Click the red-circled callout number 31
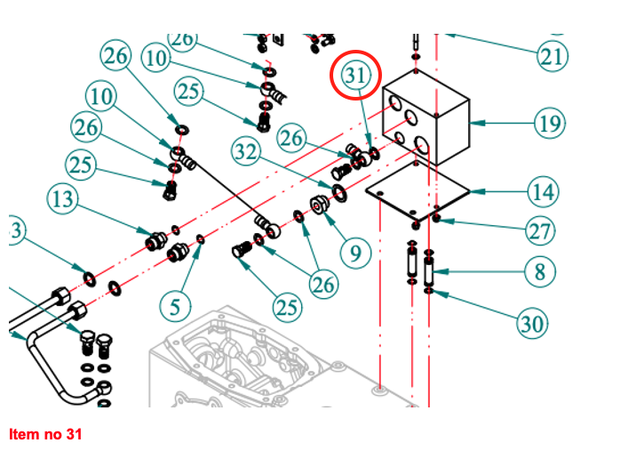click(355, 77)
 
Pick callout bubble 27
click(540, 231)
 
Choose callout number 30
click(531, 324)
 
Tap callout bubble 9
click(355, 253)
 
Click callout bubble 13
click(64, 198)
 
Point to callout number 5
click(175, 307)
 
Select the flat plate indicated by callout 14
click(417, 189)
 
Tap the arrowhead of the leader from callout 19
click(473, 122)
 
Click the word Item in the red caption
click(23, 434)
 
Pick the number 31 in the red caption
click(73, 434)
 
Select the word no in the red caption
click(51, 434)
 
